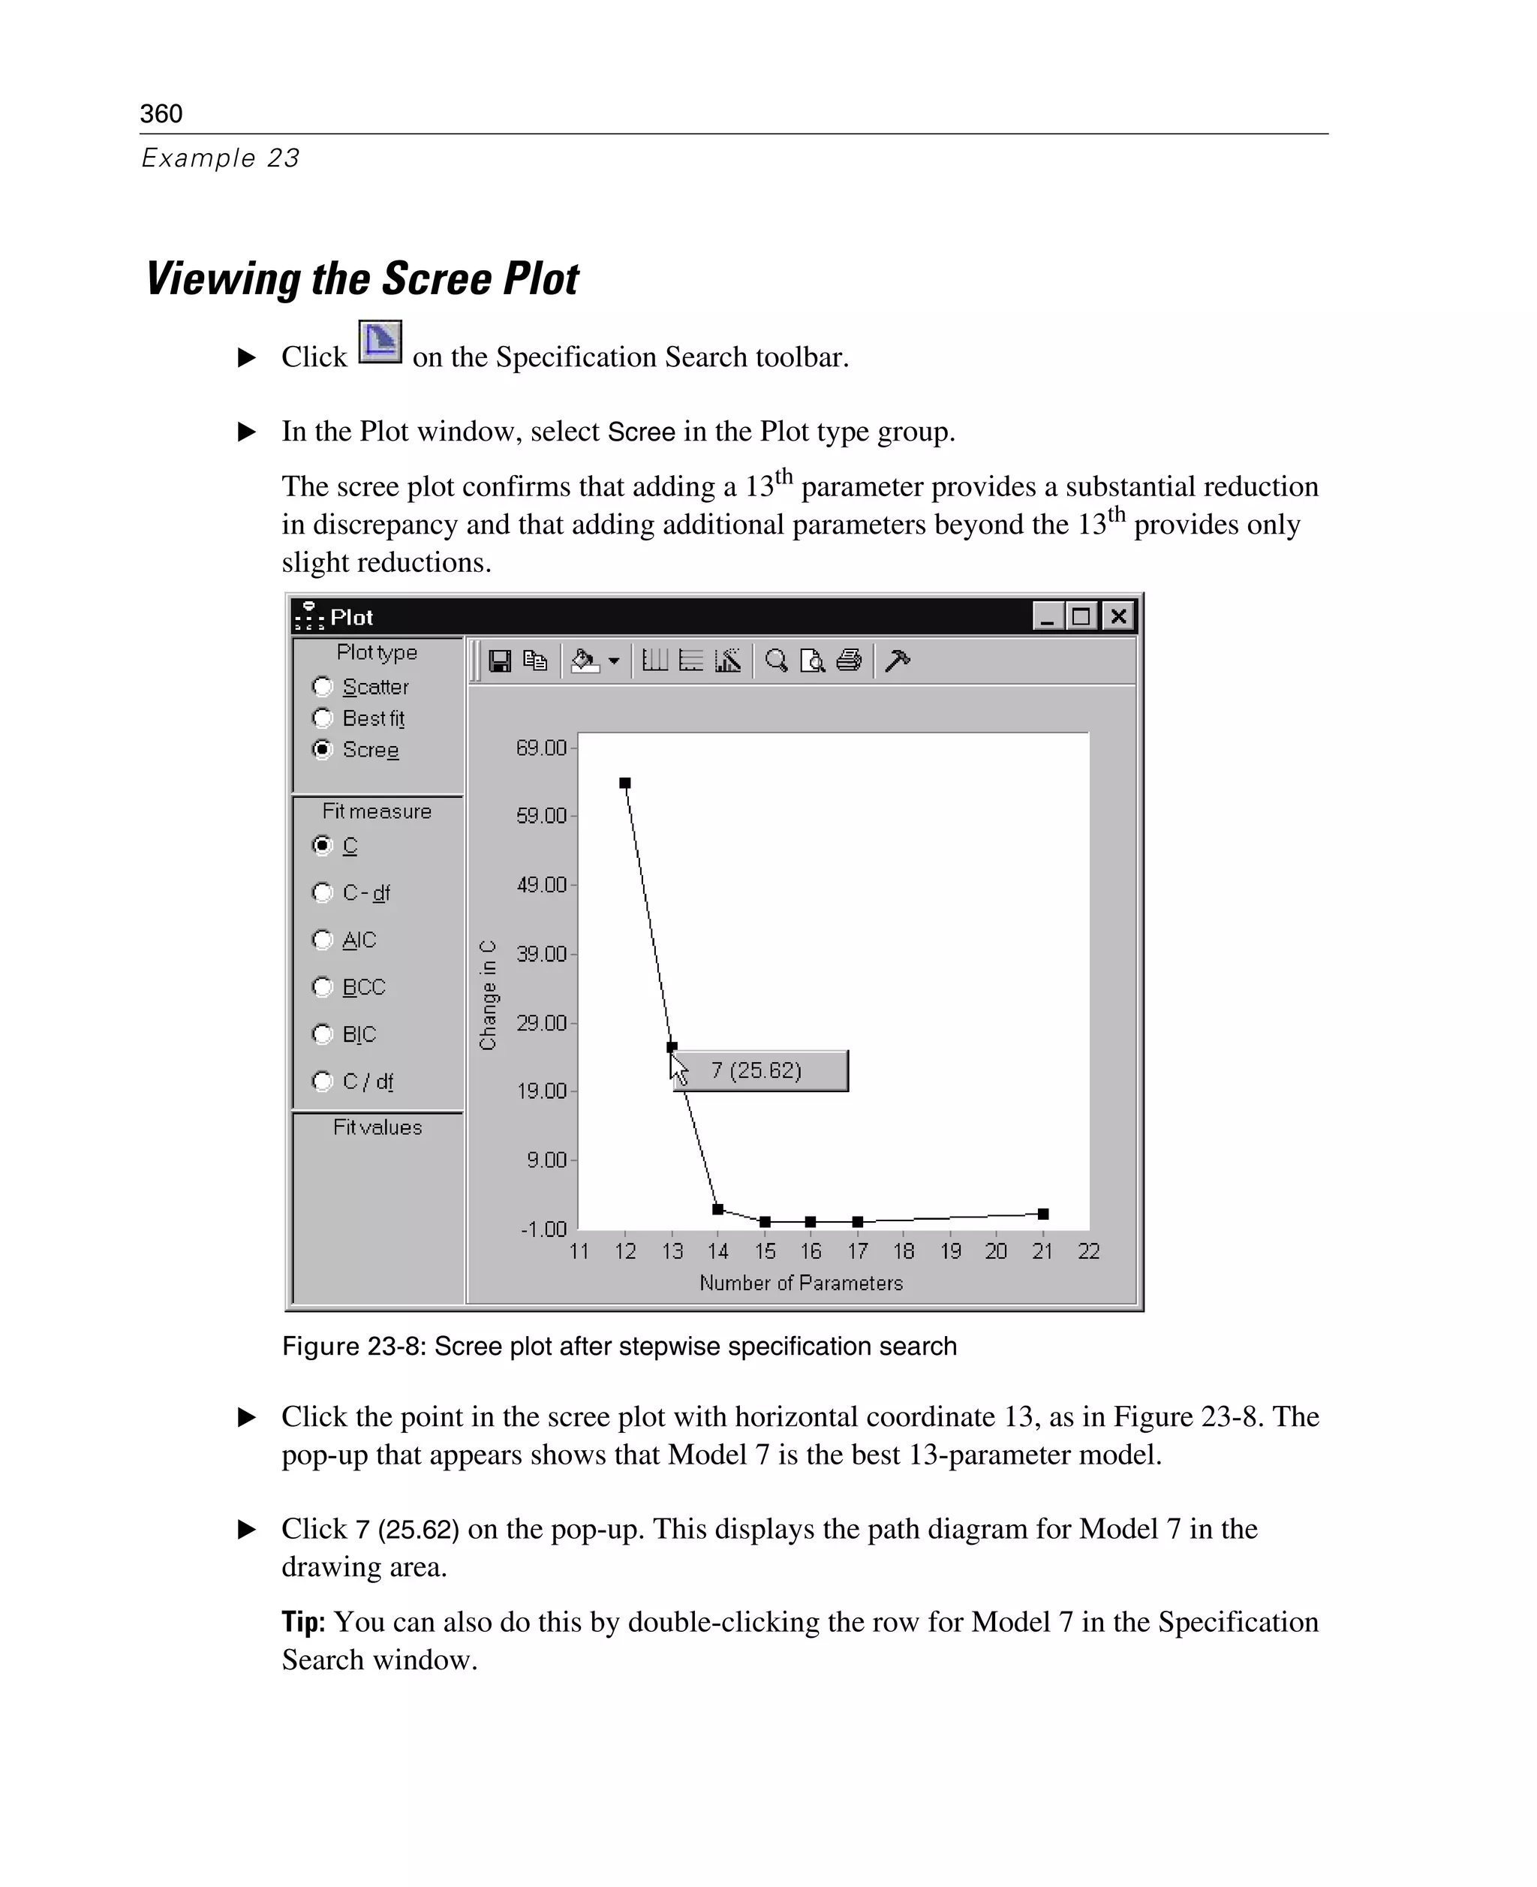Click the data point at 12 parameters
[x=625, y=783]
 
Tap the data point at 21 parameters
[x=1043, y=1214]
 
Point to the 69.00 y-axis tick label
[x=541, y=748]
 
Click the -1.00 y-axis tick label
[x=543, y=1229]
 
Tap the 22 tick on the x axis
[x=1088, y=1251]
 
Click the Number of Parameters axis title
[x=800, y=1283]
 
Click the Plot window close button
[x=1118, y=616]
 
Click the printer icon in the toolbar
[x=849, y=661]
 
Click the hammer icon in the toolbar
[x=897, y=661]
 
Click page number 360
[x=161, y=113]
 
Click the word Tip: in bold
[x=302, y=1622]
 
